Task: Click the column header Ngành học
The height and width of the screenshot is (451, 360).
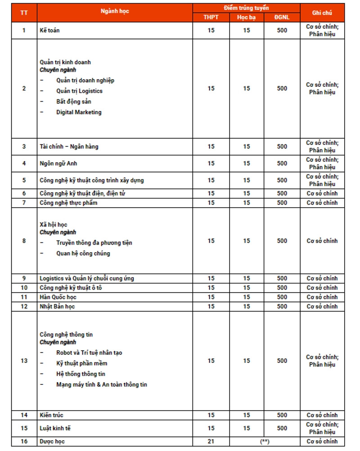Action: pos(115,11)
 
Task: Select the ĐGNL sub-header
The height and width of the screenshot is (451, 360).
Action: pos(282,18)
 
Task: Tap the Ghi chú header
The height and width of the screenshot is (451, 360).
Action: pos(322,13)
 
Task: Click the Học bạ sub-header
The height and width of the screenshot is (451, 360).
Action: pos(246,18)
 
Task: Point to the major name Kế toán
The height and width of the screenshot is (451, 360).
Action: pos(49,31)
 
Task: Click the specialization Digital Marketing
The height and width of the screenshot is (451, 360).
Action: pos(79,112)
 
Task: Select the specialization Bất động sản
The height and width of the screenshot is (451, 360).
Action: pos(74,102)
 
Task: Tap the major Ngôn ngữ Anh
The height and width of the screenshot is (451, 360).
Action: pos(58,163)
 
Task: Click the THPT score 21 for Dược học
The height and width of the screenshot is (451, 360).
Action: pos(211,442)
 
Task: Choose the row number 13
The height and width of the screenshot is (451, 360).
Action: pos(24,361)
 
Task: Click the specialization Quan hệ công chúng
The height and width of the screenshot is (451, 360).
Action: pos(83,254)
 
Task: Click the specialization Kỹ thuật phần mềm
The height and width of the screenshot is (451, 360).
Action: pos(81,363)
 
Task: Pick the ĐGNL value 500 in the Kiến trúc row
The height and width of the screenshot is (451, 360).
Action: pos(282,415)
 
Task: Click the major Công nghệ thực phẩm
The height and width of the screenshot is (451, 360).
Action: pos(68,203)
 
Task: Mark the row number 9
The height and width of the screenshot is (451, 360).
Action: pos(24,278)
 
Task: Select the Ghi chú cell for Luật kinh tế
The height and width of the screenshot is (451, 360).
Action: pos(322,428)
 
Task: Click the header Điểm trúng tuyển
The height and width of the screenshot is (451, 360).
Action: pos(246,8)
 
